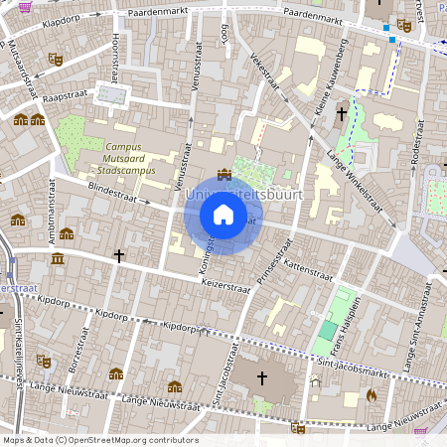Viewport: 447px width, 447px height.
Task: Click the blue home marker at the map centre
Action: tap(223, 215)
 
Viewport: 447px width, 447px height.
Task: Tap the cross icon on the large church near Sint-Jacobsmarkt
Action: tap(262, 377)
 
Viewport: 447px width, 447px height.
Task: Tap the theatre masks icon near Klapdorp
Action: tap(57, 60)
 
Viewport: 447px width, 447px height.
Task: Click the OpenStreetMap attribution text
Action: tap(99, 439)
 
